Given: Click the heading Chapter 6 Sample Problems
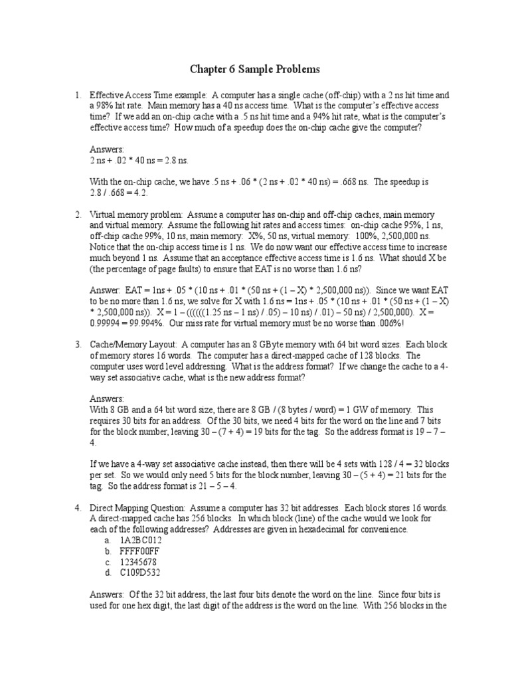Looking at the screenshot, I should point(255,69).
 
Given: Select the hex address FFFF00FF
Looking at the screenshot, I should point(141,551).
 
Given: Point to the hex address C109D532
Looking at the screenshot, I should point(140,572).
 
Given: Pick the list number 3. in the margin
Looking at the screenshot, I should point(78,345).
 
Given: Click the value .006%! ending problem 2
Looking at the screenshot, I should point(388,323).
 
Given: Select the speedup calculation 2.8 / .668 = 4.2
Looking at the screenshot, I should point(119,193).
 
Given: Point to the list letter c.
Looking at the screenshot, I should point(106,562).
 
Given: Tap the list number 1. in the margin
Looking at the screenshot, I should point(78,96).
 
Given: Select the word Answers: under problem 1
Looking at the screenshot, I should point(107,150).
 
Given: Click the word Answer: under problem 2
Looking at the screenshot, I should point(105,291).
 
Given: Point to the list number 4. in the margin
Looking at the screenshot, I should point(78,509).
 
